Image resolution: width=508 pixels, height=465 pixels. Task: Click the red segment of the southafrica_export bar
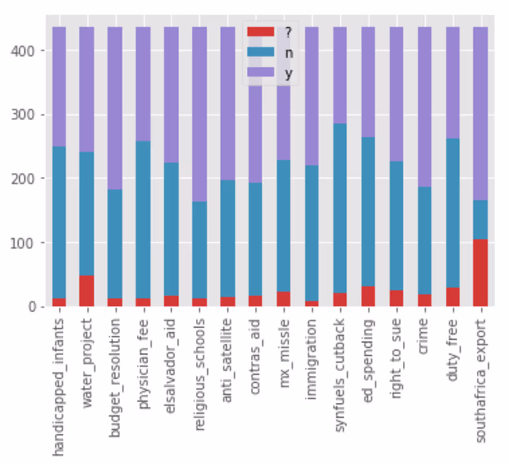[x=480, y=272]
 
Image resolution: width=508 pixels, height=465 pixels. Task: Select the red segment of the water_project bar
[x=86, y=291]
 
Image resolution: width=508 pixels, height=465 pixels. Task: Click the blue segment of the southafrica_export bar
[x=480, y=219]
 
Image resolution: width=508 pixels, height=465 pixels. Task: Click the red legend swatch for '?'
[x=260, y=32]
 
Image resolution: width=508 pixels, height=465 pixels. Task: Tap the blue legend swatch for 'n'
[x=260, y=52]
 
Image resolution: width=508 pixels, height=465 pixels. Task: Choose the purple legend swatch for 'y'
[x=260, y=72]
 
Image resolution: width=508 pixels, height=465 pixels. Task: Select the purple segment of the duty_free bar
[x=453, y=83]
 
